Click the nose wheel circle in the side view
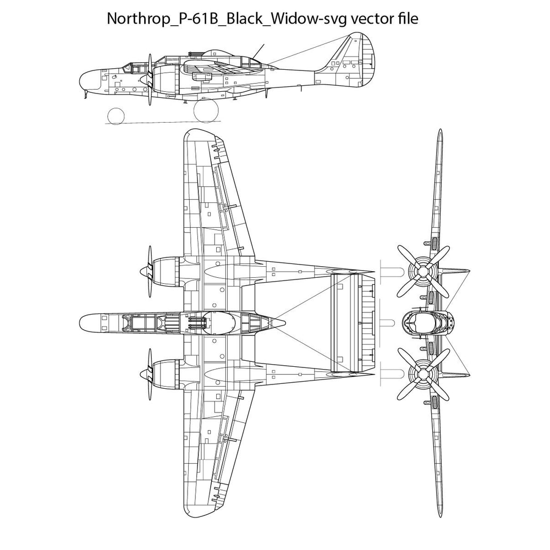click(116, 116)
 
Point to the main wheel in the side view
click(205, 111)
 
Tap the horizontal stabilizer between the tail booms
click(352, 323)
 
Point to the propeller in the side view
click(150, 80)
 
